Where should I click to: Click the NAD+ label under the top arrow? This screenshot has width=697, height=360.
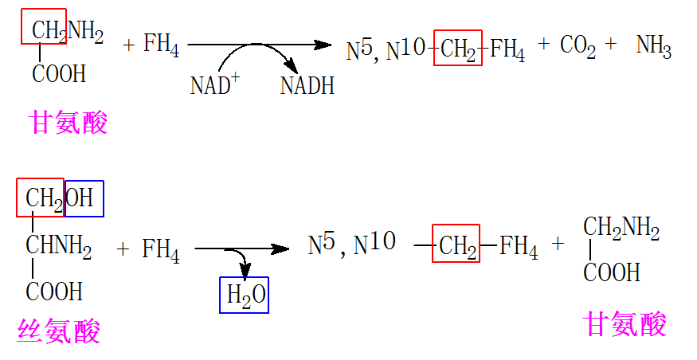[213, 84]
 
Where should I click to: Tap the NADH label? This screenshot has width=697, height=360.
[307, 85]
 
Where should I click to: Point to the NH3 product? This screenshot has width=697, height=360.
[653, 47]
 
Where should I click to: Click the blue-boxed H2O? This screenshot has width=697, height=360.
[245, 295]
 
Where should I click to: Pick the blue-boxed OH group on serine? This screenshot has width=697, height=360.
[84, 198]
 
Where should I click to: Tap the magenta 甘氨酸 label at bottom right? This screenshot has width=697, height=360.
[625, 324]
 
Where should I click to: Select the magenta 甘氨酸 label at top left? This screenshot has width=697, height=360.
[68, 123]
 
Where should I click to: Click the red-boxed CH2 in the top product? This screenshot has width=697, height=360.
[458, 51]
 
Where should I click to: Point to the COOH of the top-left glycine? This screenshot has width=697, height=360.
[59, 74]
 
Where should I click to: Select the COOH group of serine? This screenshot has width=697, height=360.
[54, 292]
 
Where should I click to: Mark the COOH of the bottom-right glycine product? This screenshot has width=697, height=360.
[612, 272]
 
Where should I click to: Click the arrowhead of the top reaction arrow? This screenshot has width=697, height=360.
[323, 45]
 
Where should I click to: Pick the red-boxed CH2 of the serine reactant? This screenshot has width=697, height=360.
[40, 198]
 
